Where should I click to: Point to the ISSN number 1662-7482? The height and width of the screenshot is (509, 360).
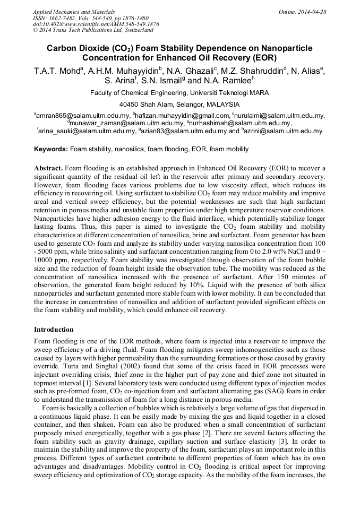point(64,18)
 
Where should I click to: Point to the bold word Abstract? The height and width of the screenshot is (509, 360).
point(48,168)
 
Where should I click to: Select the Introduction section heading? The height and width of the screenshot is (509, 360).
point(54,330)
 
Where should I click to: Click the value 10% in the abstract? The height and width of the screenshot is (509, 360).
point(160,284)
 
